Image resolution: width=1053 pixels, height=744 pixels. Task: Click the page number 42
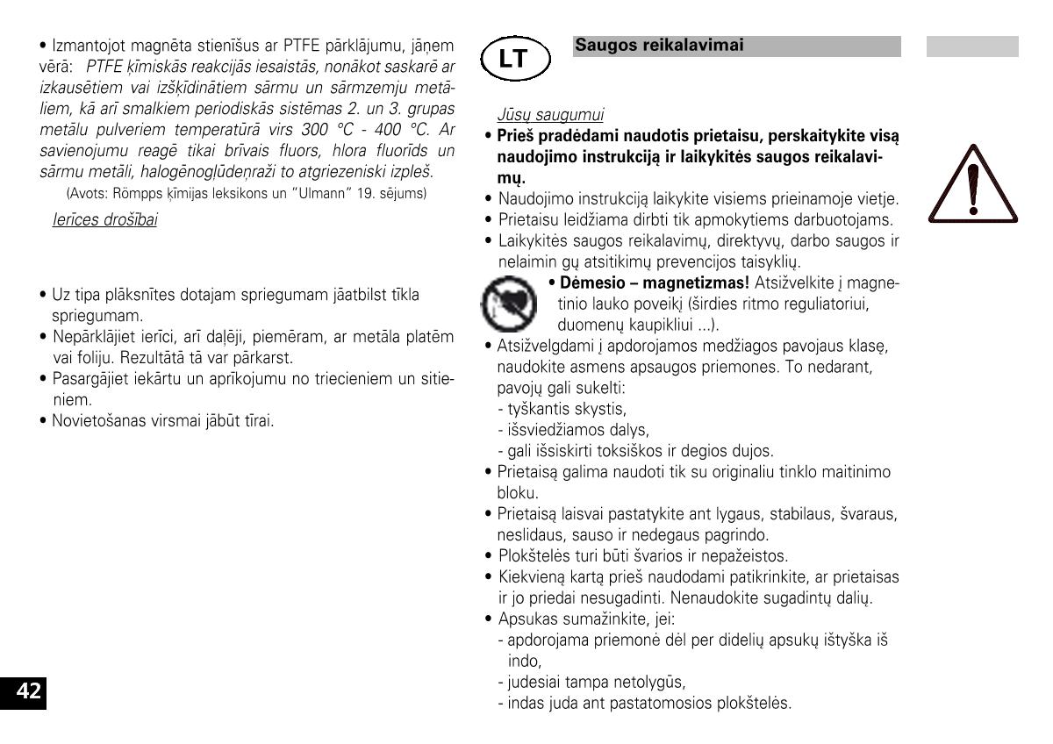(x=29, y=691)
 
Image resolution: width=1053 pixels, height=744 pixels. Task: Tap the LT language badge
(x=514, y=59)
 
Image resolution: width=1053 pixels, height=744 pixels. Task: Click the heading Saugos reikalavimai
(x=659, y=46)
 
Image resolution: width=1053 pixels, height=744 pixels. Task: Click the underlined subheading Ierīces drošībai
(x=105, y=219)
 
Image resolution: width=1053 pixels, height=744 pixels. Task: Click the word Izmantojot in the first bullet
(x=87, y=45)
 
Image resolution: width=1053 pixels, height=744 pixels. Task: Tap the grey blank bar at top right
(x=972, y=46)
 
